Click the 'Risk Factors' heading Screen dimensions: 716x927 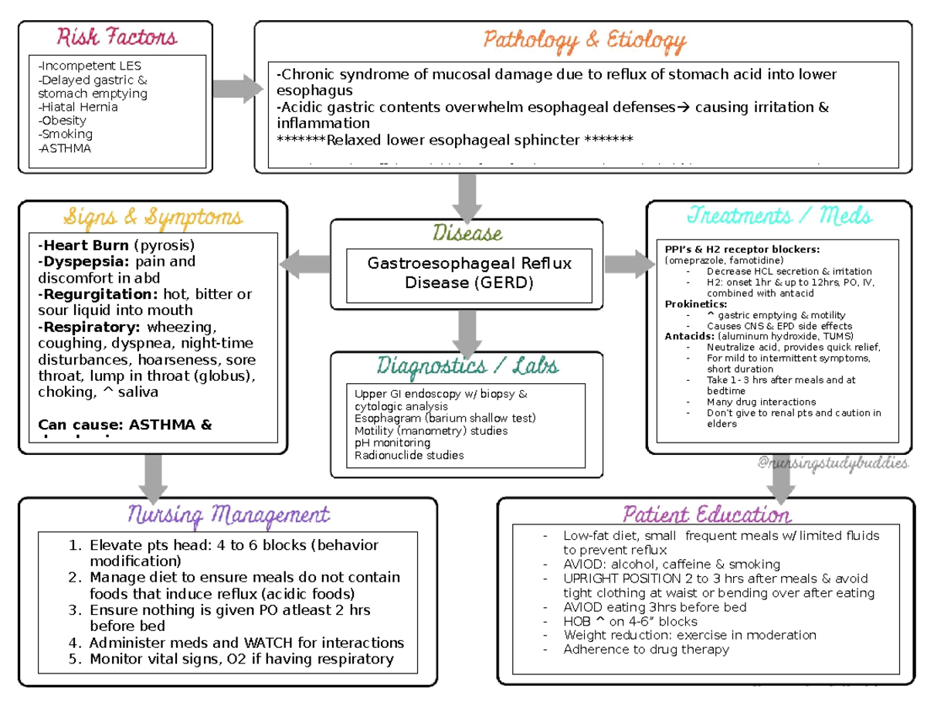tap(116, 36)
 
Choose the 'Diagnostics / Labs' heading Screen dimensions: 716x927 tap(467, 365)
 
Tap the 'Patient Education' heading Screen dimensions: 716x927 tap(706, 514)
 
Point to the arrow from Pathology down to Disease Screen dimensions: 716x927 tap(467, 197)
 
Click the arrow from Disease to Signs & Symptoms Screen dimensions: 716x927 tap(305, 265)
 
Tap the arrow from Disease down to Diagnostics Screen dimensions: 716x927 tap(467, 329)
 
